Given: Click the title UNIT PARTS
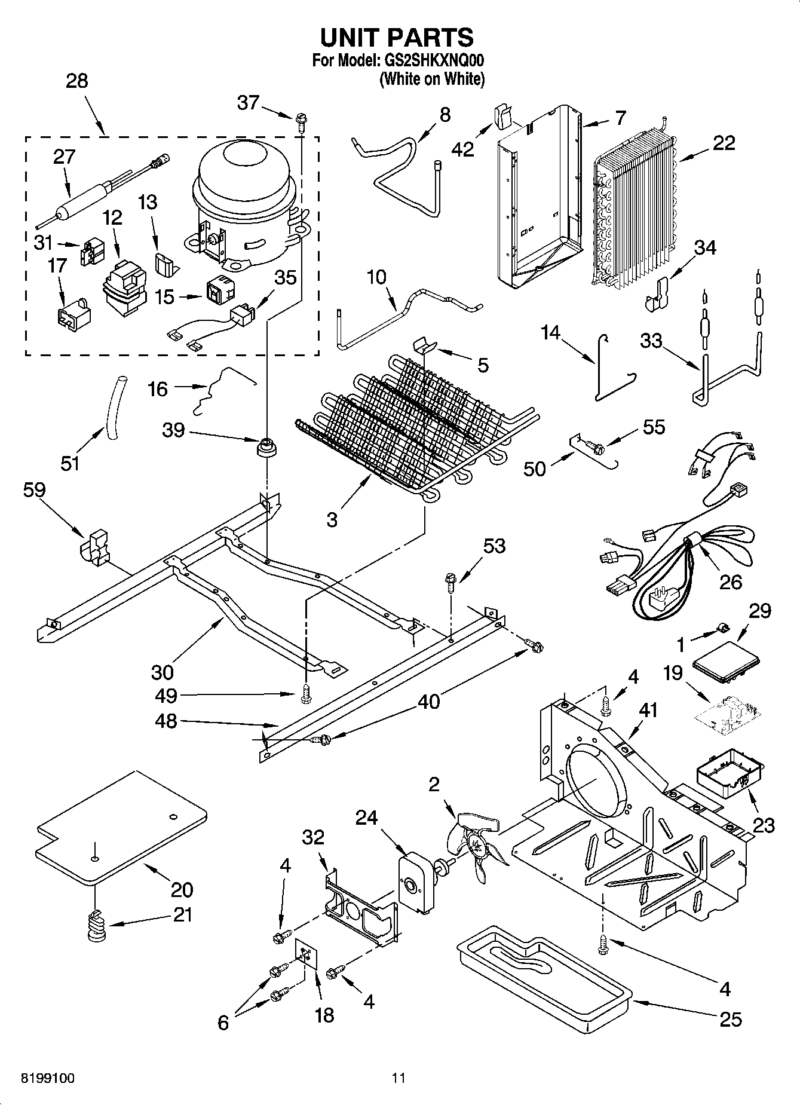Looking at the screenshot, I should pyautogui.click(x=397, y=37).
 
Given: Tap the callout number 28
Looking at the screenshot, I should pyautogui.click(x=77, y=81).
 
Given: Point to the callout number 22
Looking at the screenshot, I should pyautogui.click(x=724, y=143).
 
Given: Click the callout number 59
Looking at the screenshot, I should pyautogui.click(x=34, y=490).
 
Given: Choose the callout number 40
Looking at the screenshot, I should pyautogui.click(x=428, y=700).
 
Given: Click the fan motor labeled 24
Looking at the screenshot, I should pyautogui.click(x=415, y=882).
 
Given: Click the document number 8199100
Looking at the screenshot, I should pyautogui.click(x=48, y=1078).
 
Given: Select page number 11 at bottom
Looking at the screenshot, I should pyautogui.click(x=399, y=1078).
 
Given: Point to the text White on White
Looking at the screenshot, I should pyautogui.click(x=432, y=78).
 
